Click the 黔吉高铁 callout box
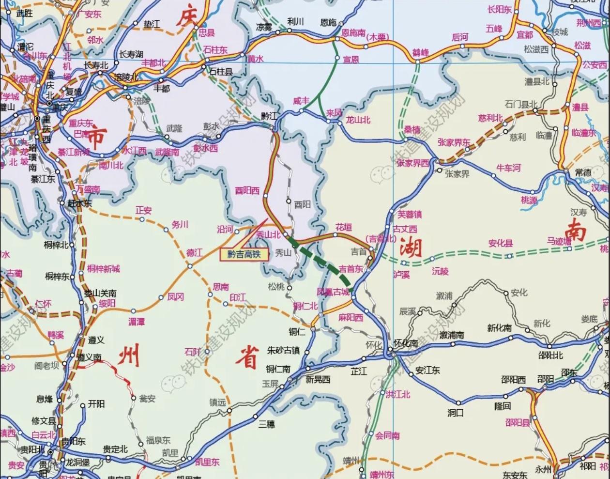coord(244,254)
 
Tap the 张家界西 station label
coord(412,163)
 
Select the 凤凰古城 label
coord(333,292)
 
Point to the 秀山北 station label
coord(268,235)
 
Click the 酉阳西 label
coord(247,191)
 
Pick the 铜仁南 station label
coord(278,369)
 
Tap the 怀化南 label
coord(406,343)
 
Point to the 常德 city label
coord(583,172)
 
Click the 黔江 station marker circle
coord(272,128)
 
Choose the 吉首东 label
coord(351,269)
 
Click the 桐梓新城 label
coord(104,268)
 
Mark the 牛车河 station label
coord(508,168)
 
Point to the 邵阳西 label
coord(513,380)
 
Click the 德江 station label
coord(195,253)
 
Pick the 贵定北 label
coord(115,449)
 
